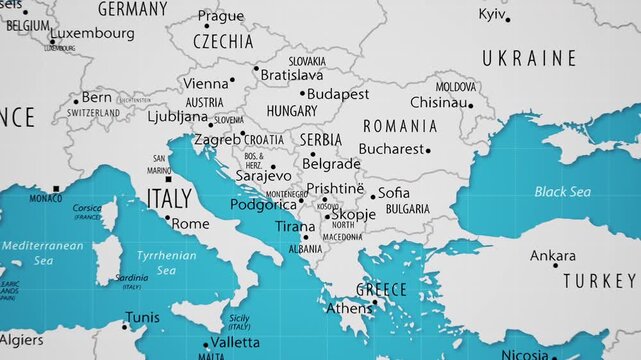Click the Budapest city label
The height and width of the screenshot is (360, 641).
pyautogui.click(x=338, y=94)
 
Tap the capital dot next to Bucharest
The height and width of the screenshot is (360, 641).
pyautogui.click(x=428, y=151)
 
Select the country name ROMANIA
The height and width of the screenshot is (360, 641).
pyautogui.click(x=399, y=126)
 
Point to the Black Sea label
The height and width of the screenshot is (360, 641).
pyautogui.click(x=562, y=191)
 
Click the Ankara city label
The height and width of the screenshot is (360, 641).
pyautogui.click(x=552, y=256)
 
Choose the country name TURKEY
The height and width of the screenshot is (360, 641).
pyautogui.click(x=598, y=280)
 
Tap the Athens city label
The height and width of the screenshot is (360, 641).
pyautogui.click(x=348, y=308)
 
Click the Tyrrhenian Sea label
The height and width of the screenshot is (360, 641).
pyautogui.click(x=168, y=262)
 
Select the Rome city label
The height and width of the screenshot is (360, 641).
pyautogui.click(x=191, y=224)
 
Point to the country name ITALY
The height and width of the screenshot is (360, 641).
pyautogui.click(x=169, y=198)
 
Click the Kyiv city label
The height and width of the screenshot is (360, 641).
pyautogui.click(x=492, y=14)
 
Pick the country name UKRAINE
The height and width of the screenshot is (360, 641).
pyautogui.click(x=529, y=59)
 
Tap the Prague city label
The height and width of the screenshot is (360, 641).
pyautogui.click(x=220, y=16)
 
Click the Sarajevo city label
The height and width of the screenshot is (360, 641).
pyautogui.click(x=263, y=176)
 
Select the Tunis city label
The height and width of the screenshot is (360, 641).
pyautogui.click(x=142, y=318)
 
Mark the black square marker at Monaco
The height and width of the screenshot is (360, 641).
pyautogui.click(x=56, y=188)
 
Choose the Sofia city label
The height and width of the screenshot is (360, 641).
pyautogui.click(x=394, y=192)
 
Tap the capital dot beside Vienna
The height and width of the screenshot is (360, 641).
pyautogui.click(x=233, y=80)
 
